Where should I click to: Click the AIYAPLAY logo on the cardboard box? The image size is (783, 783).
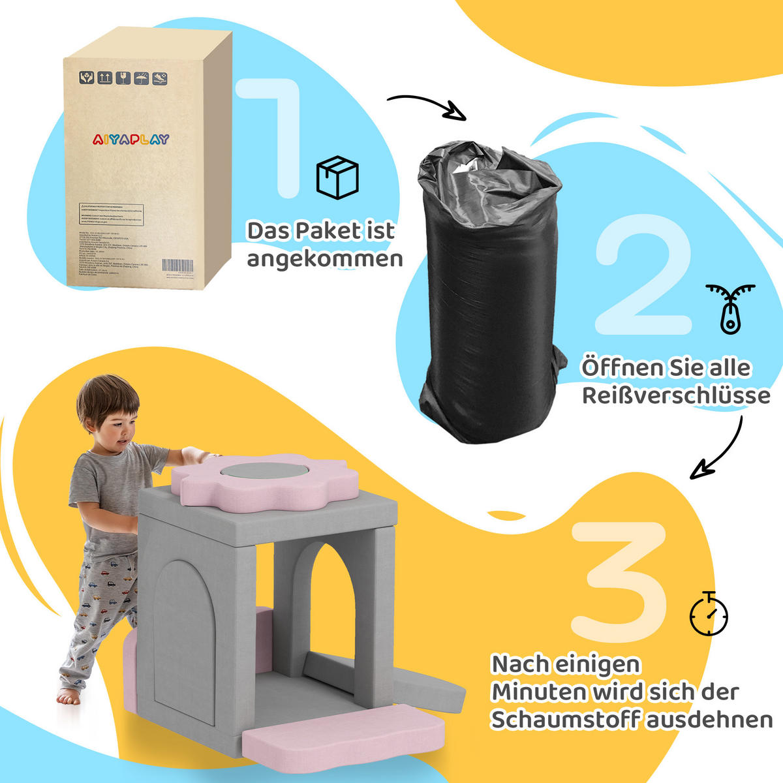tap(130, 139)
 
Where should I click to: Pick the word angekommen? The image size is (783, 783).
tap(324, 259)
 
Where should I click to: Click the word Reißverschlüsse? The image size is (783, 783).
tap(675, 395)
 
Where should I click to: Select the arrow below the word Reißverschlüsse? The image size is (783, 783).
tap(718, 450)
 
